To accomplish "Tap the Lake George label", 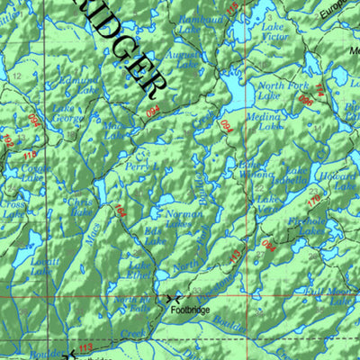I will click(x=67, y=113).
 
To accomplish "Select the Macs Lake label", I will click(x=114, y=131).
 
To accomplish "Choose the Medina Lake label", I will click(x=271, y=122).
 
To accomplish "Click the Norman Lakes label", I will click(x=184, y=219).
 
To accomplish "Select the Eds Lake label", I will click(x=155, y=236).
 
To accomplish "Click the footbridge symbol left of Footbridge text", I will click(x=173, y=297).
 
